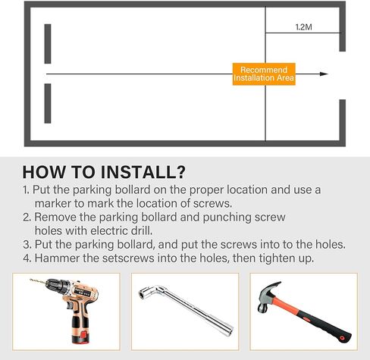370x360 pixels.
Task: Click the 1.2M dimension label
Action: click(x=303, y=27)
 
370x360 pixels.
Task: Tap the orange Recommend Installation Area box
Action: click(x=264, y=74)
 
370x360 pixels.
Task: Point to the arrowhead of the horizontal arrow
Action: click(x=324, y=74)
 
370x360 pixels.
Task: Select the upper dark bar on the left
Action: click(x=48, y=44)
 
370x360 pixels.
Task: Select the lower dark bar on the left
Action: click(x=48, y=104)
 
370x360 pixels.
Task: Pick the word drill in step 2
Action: click(x=142, y=230)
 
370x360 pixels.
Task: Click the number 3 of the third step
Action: click(x=27, y=245)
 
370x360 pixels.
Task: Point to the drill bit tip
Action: click(x=30, y=280)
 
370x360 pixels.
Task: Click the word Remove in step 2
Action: click(x=55, y=218)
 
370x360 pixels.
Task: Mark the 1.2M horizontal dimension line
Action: click(x=303, y=33)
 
